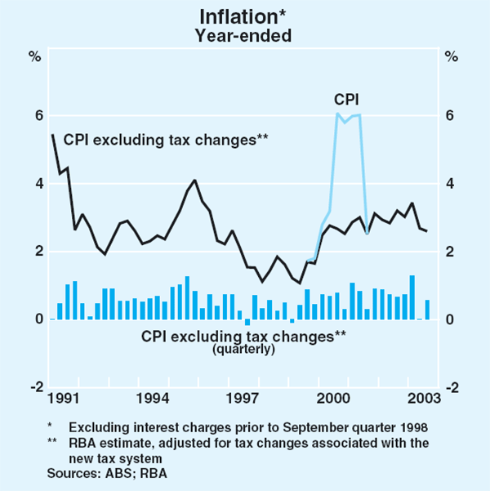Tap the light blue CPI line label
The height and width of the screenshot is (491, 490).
click(x=346, y=100)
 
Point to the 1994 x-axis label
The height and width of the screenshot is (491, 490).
click(x=153, y=399)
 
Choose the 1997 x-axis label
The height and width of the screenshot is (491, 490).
click(x=243, y=399)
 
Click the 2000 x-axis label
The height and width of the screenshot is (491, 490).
click(x=333, y=399)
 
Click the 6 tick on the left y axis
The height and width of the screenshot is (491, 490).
click(x=38, y=116)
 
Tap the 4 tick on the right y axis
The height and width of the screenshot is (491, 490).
click(x=450, y=184)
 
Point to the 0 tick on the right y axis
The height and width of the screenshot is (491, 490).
click(x=450, y=319)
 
